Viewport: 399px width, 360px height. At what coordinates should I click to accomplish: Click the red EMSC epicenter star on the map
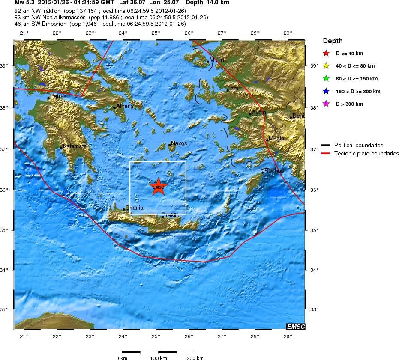pyautogui.click(x=158, y=187)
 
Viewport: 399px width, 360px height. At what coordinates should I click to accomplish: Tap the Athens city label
pyautogui.click(x=125, y=106)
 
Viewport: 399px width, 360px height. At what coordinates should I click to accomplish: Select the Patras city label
pyautogui.click(x=58, y=96)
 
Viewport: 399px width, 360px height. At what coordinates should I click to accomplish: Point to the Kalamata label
pyautogui.click(x=75, y=146)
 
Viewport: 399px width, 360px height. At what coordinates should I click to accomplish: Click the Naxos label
pyautogui.click(x=179, y=143)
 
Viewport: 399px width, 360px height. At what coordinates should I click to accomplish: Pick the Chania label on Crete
pyautogui.click(x=134, y=208)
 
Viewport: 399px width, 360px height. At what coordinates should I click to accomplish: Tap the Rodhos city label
pyautogui.click(x=274, y=170)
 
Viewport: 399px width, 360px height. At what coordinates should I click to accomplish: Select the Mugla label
pyautogui.click(x=276, y=138)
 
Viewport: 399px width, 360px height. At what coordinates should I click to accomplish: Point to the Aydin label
pyautogui.click(x=259, y=112)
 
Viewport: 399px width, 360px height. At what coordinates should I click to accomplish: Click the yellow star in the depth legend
pyautogui.click(x=326, y=66)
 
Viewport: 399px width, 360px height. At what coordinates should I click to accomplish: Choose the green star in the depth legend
pyautogui.click(x=326, y=79)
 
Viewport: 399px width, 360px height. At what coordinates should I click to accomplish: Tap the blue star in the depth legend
pyautogui.click(x=326, y=91)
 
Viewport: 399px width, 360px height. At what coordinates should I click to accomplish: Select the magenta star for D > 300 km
pyautogui.click(x=326, y=104)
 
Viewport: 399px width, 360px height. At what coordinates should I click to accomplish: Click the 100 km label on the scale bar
pyautogui.click(x=159, y=358)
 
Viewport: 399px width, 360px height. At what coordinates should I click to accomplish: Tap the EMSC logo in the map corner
pyautogui.click(x=296, y=327)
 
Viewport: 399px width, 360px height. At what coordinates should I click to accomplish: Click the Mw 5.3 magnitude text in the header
pyautogui.click(x=25, y=3)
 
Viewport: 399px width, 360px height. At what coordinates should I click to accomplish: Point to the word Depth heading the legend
pyautogui.click(x=333, y=41)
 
